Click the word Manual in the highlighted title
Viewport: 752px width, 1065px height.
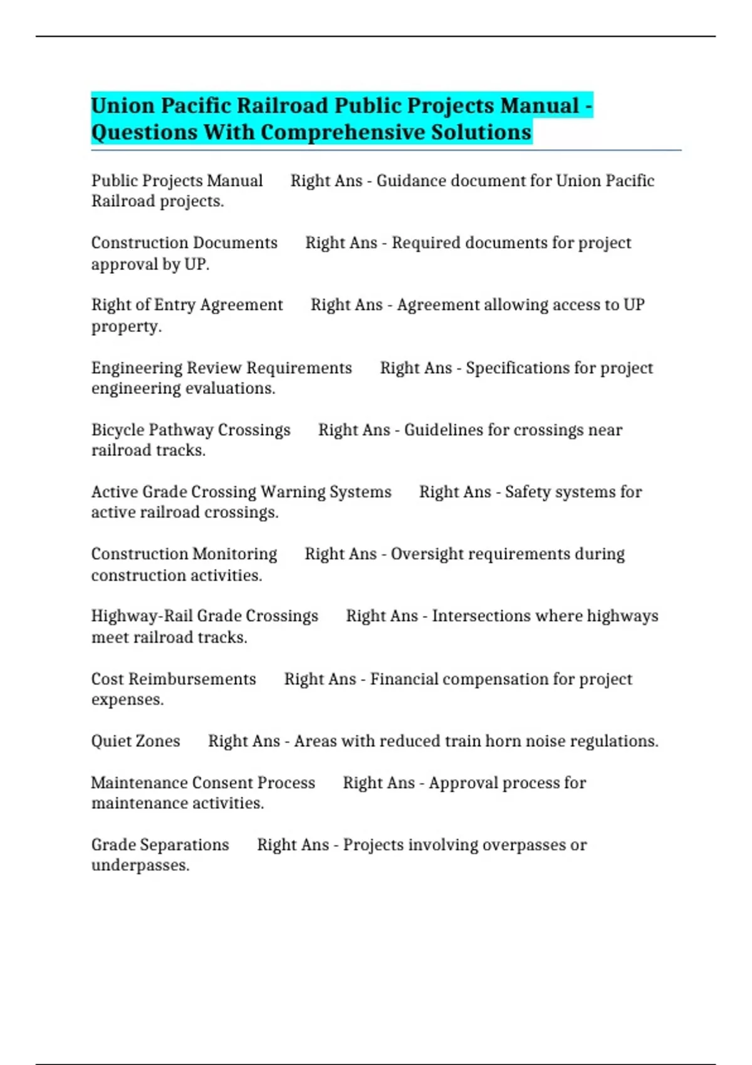tap(540, 106)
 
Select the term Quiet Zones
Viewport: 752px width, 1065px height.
tap(135, 741)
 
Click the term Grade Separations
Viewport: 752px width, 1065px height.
tap(160, 845)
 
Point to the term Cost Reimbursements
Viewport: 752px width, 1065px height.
tap(174, 679)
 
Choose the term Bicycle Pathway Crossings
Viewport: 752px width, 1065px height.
tap(191, 430)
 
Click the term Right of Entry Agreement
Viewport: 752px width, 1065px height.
tap(187, 305)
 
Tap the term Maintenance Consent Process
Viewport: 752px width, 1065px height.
tap(203, 783)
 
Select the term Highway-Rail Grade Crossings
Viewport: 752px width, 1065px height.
tap(204, 616)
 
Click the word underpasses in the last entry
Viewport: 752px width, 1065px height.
tap(140, 866)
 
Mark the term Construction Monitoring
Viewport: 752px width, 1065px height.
tap(184, 554)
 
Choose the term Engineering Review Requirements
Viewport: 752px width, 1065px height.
tap(221, 368)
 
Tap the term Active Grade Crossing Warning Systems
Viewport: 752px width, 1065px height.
tap(241, 492)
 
